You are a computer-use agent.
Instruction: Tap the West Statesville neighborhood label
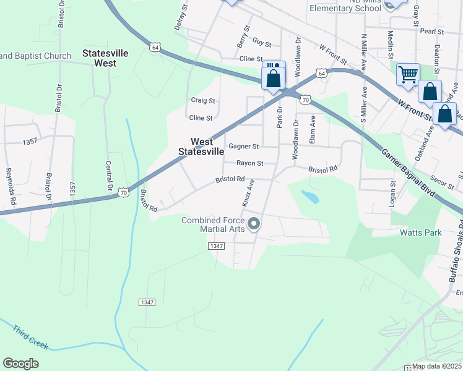(x=201, y=147)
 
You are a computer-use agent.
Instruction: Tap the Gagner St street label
(x=243, y=147)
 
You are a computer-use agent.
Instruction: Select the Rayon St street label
(x=250, y=163)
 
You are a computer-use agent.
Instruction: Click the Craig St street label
(x=202, y=100)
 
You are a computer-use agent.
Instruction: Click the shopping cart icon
(x=408, y=75)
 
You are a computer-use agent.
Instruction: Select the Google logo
(x=20, y=364)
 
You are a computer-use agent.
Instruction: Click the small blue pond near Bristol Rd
(x=311, y=197)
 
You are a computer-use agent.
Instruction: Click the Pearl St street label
(x=432, y=31)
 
